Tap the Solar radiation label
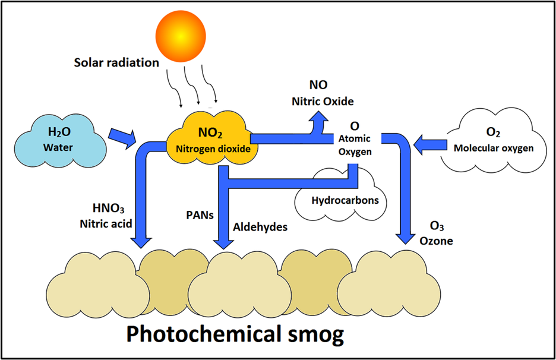(x=116, y=62)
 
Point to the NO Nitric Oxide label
(x=322, y=93)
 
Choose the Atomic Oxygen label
(x=354, y=139)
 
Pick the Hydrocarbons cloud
(x=345, y=199)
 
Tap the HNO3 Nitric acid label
(x=107, y=216)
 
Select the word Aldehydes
(x=260, y=227)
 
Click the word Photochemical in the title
(x=202, y=334)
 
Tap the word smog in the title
(x=313, y=334)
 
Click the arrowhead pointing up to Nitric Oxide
(x=320, y=120)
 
